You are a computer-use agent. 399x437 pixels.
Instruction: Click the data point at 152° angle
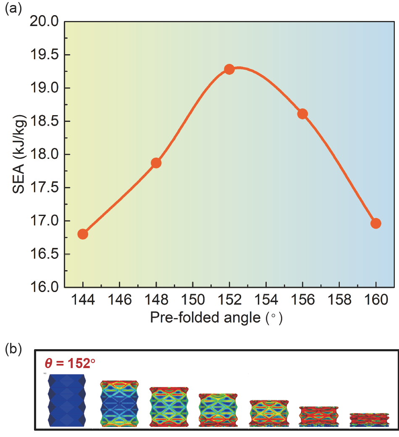[x=229, y=69]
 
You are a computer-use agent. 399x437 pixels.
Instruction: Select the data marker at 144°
[x=83, y=234]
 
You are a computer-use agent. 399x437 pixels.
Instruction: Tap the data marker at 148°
[x=156, y=163]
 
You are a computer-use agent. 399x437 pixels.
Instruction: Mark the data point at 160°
[x=376, y=223]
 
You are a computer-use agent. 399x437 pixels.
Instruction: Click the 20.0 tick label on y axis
[x=45, y=22]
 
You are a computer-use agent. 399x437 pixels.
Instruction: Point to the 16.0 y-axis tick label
[x=45, y=287]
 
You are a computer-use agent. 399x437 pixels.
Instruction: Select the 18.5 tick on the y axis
[x=45, y=121]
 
